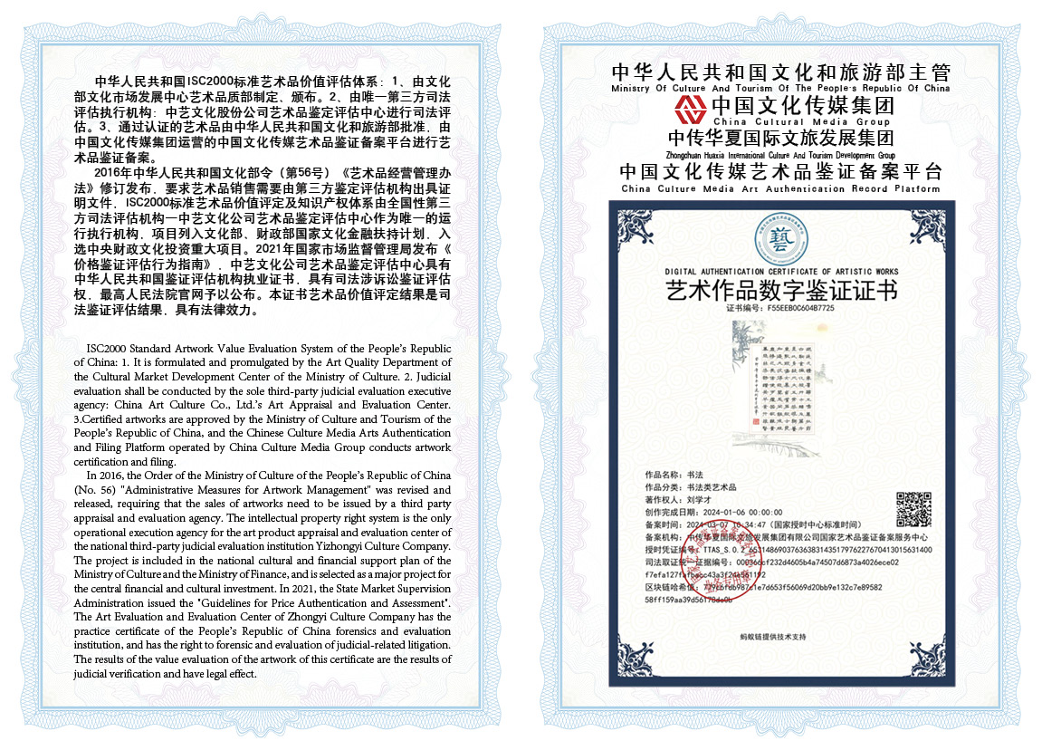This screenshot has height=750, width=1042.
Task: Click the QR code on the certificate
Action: point(913,508)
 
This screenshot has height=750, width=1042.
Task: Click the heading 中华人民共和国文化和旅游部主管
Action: point(780,73)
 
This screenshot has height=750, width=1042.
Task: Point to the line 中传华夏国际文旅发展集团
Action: point(780,139)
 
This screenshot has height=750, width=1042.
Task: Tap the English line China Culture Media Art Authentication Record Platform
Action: point(780,189)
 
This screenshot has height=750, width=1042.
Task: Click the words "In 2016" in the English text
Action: point(105,476)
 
